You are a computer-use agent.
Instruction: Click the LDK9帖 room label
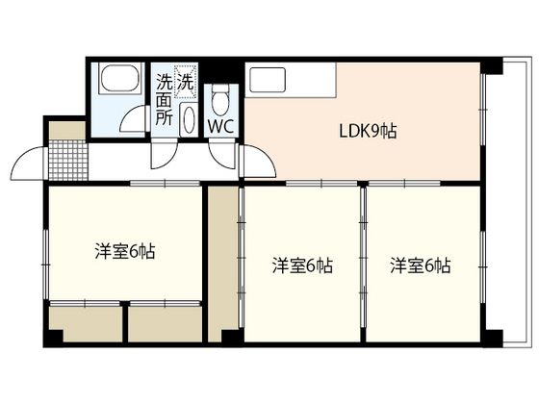[368, 131]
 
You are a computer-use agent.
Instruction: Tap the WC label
[221, 126]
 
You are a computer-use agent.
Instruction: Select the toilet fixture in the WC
[220, 100]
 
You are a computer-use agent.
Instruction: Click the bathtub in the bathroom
[120, 78]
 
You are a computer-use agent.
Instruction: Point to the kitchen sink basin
[268, 80]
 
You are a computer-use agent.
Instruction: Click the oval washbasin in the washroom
[189, 119]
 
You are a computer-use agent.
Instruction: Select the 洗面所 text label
[164, 100]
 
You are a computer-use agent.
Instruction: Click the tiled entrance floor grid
[68, 160]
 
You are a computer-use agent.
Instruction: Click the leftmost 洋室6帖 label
[125, 251]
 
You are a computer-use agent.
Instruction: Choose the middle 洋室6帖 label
[302, 265]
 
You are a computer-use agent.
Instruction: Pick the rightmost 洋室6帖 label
[420, 265]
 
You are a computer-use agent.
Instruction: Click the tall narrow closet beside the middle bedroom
[222, 264]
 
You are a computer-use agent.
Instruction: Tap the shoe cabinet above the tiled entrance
[67, 131]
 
